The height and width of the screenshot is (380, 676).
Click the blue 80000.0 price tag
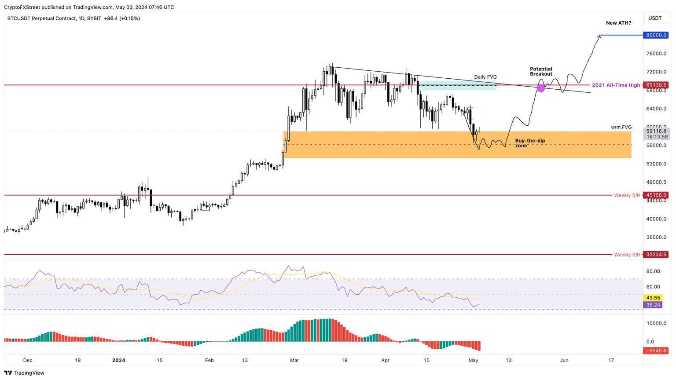tap(656, 35)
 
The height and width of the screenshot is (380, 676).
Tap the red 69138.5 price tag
tap(656, 85)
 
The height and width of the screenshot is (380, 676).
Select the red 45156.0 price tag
tap(656, 195)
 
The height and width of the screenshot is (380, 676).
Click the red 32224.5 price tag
tap(656, 255)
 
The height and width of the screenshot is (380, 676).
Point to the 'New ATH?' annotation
tap(618, 23)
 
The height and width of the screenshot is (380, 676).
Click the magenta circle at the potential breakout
tap(541, 88)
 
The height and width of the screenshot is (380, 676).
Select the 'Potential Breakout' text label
tap(541, 71)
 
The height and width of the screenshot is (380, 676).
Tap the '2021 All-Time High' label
tap(616, 85)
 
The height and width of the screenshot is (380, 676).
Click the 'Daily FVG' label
tap(485, 77)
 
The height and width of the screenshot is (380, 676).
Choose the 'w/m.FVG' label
tap(621, 127)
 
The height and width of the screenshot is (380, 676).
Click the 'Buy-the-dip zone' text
tap(530, 143)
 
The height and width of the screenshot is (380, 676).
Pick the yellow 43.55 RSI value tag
tap(653, 298)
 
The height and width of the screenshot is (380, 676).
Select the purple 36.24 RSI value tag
tap(653, 305)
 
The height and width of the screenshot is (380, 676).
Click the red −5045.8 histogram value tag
tap(656, 351)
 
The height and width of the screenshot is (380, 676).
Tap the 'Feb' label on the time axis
tap(209, 360)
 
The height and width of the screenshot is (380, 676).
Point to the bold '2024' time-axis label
tap(118, 360)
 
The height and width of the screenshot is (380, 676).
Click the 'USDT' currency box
tap(655, 18)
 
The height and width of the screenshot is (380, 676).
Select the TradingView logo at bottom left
tap(25, 373)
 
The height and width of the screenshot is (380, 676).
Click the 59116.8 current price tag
tap(656, 131)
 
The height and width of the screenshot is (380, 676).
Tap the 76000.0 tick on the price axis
tap(656, 54)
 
